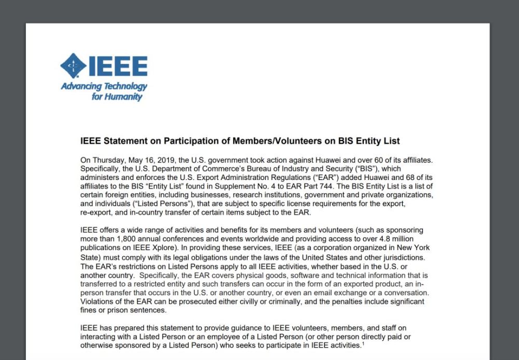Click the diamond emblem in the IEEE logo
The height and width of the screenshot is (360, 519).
[x=74, y=66]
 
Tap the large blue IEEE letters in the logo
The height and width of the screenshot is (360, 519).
[x=118, y=66]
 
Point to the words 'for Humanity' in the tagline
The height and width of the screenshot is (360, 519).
[x=117, y=96]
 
